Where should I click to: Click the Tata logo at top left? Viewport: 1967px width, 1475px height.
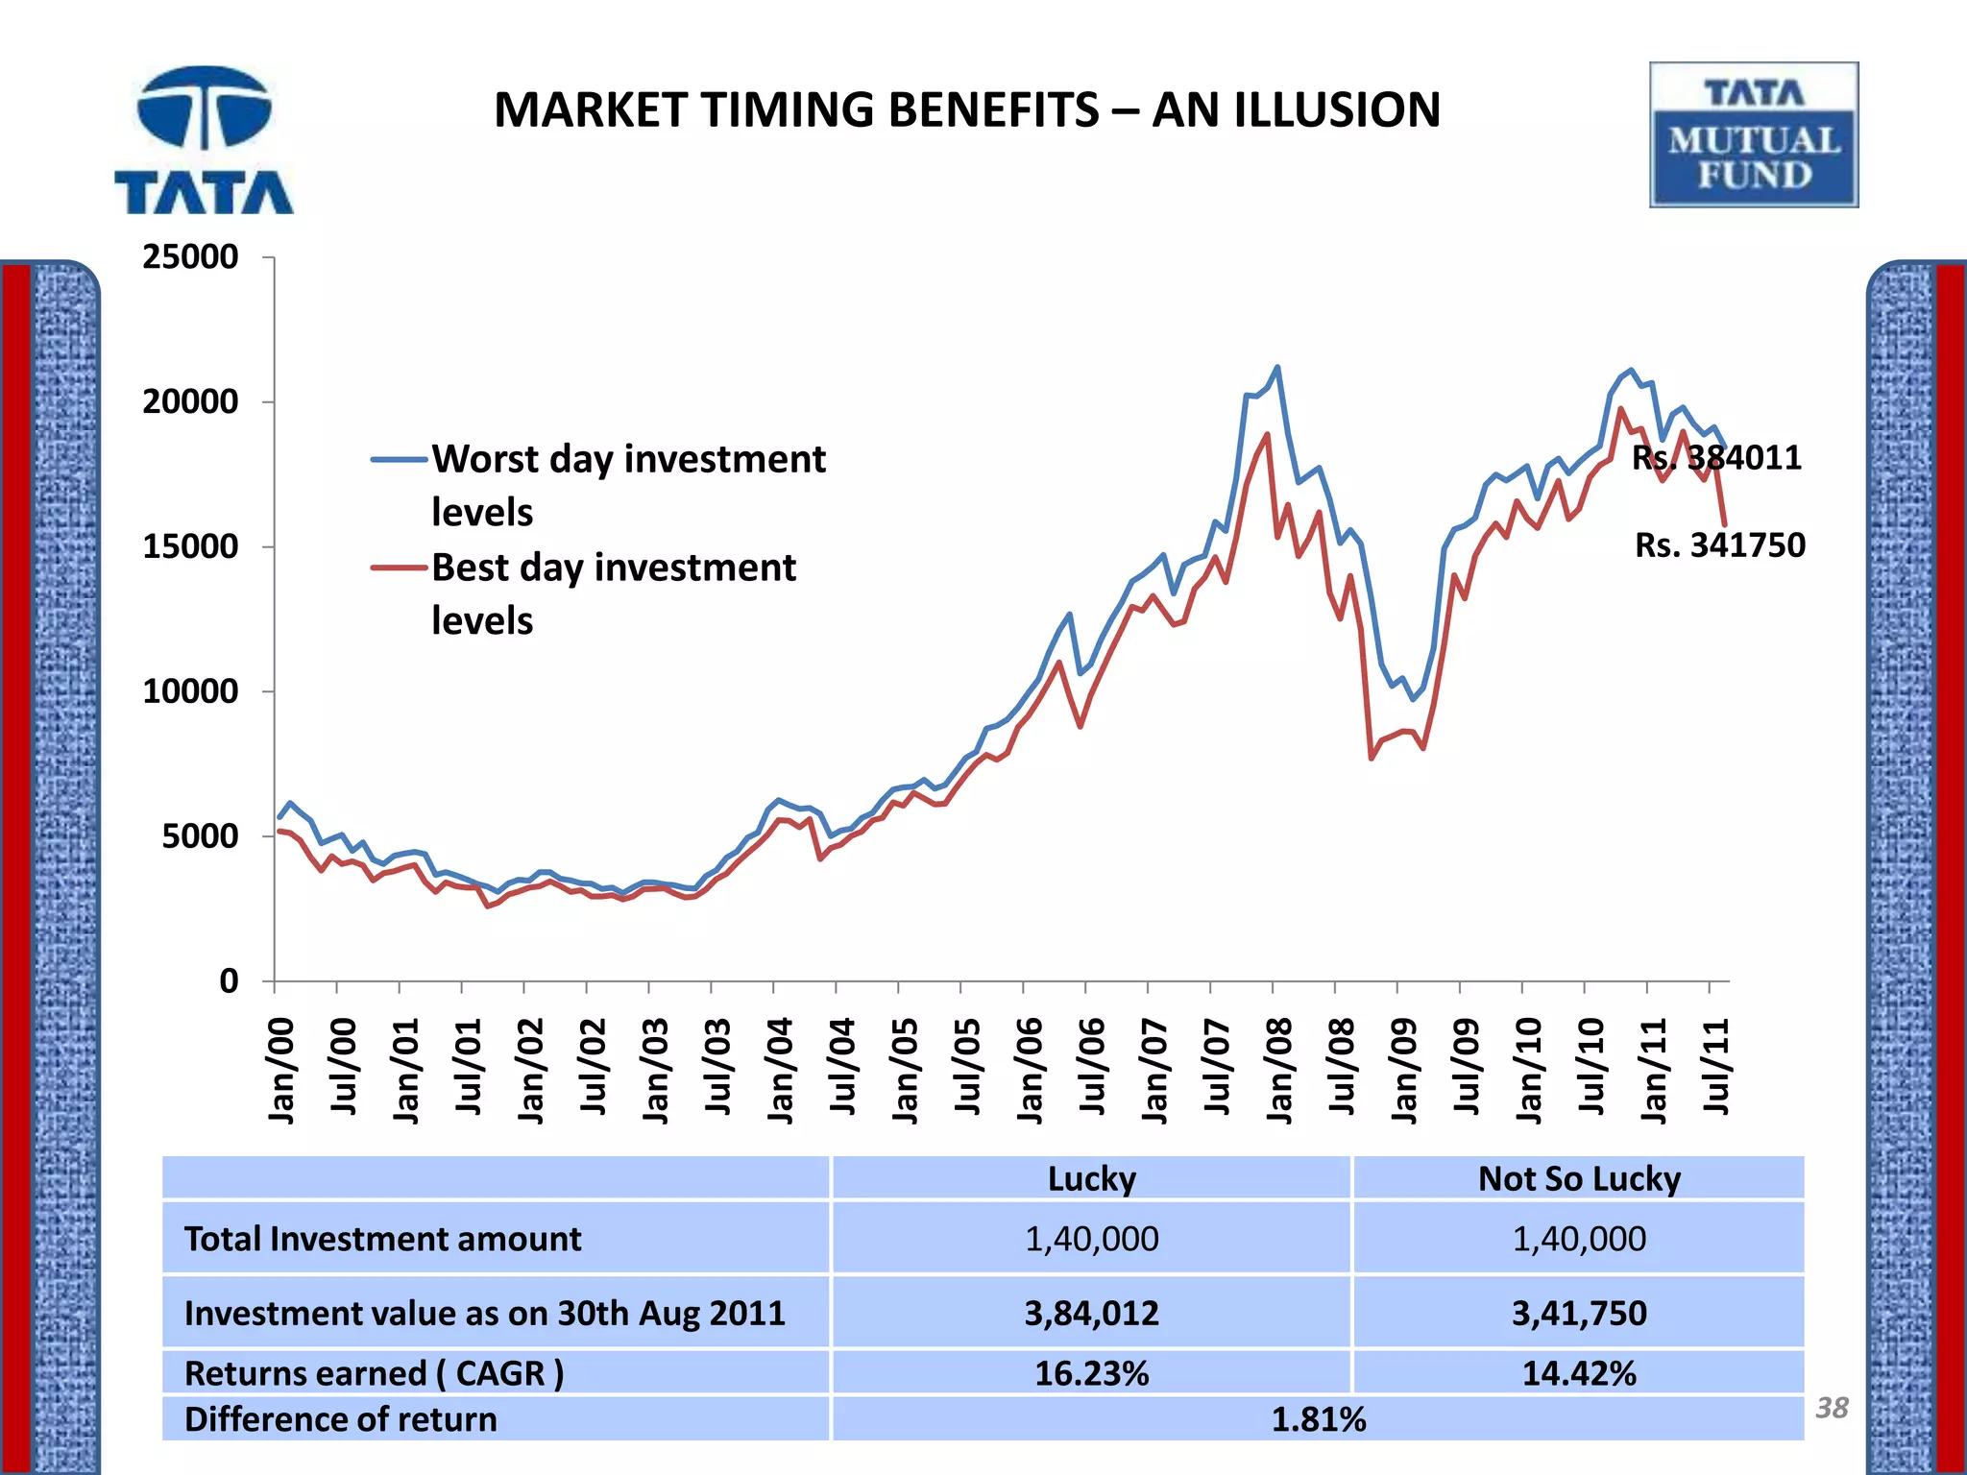pyautogui.click(x=204, y=140)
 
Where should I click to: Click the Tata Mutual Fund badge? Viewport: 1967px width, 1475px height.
pyautogui.click(x=1754, y=135)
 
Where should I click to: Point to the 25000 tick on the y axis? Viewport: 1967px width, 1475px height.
pyautogui.click(x=190, y=257)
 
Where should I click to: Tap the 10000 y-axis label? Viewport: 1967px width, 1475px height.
pyautogui.click(x=190, y=691)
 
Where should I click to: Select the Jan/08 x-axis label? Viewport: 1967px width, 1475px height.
pyautogui.click(x=1279, y=1070)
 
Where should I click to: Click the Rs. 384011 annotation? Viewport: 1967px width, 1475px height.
pyautogui.click(x=1716, y=457)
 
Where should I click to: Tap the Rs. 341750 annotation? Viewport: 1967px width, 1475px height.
pyautogui.click(x=1719, y=545)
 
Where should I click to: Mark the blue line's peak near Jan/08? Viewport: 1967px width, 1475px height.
pyautogui.click(x=1276, y=367)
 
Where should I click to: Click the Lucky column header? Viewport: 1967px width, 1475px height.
pyautogui.click(x=1091, y=1178)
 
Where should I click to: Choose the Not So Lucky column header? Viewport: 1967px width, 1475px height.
pyautogui.click(x=1578, y=1178)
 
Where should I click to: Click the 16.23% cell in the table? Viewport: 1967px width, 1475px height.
pyautogui.click(x=1091, y=1373)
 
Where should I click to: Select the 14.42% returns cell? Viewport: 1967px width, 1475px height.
pyautogui.click(x=1578, y=1373)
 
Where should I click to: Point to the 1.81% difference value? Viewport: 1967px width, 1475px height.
pyautogui.click(x=1318, y=1419)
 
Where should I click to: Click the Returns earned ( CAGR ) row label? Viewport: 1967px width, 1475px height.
pyautogui.click(x=374, y=1373)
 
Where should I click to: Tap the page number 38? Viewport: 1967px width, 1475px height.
pyautogui.click(x=1831, y=1408)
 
